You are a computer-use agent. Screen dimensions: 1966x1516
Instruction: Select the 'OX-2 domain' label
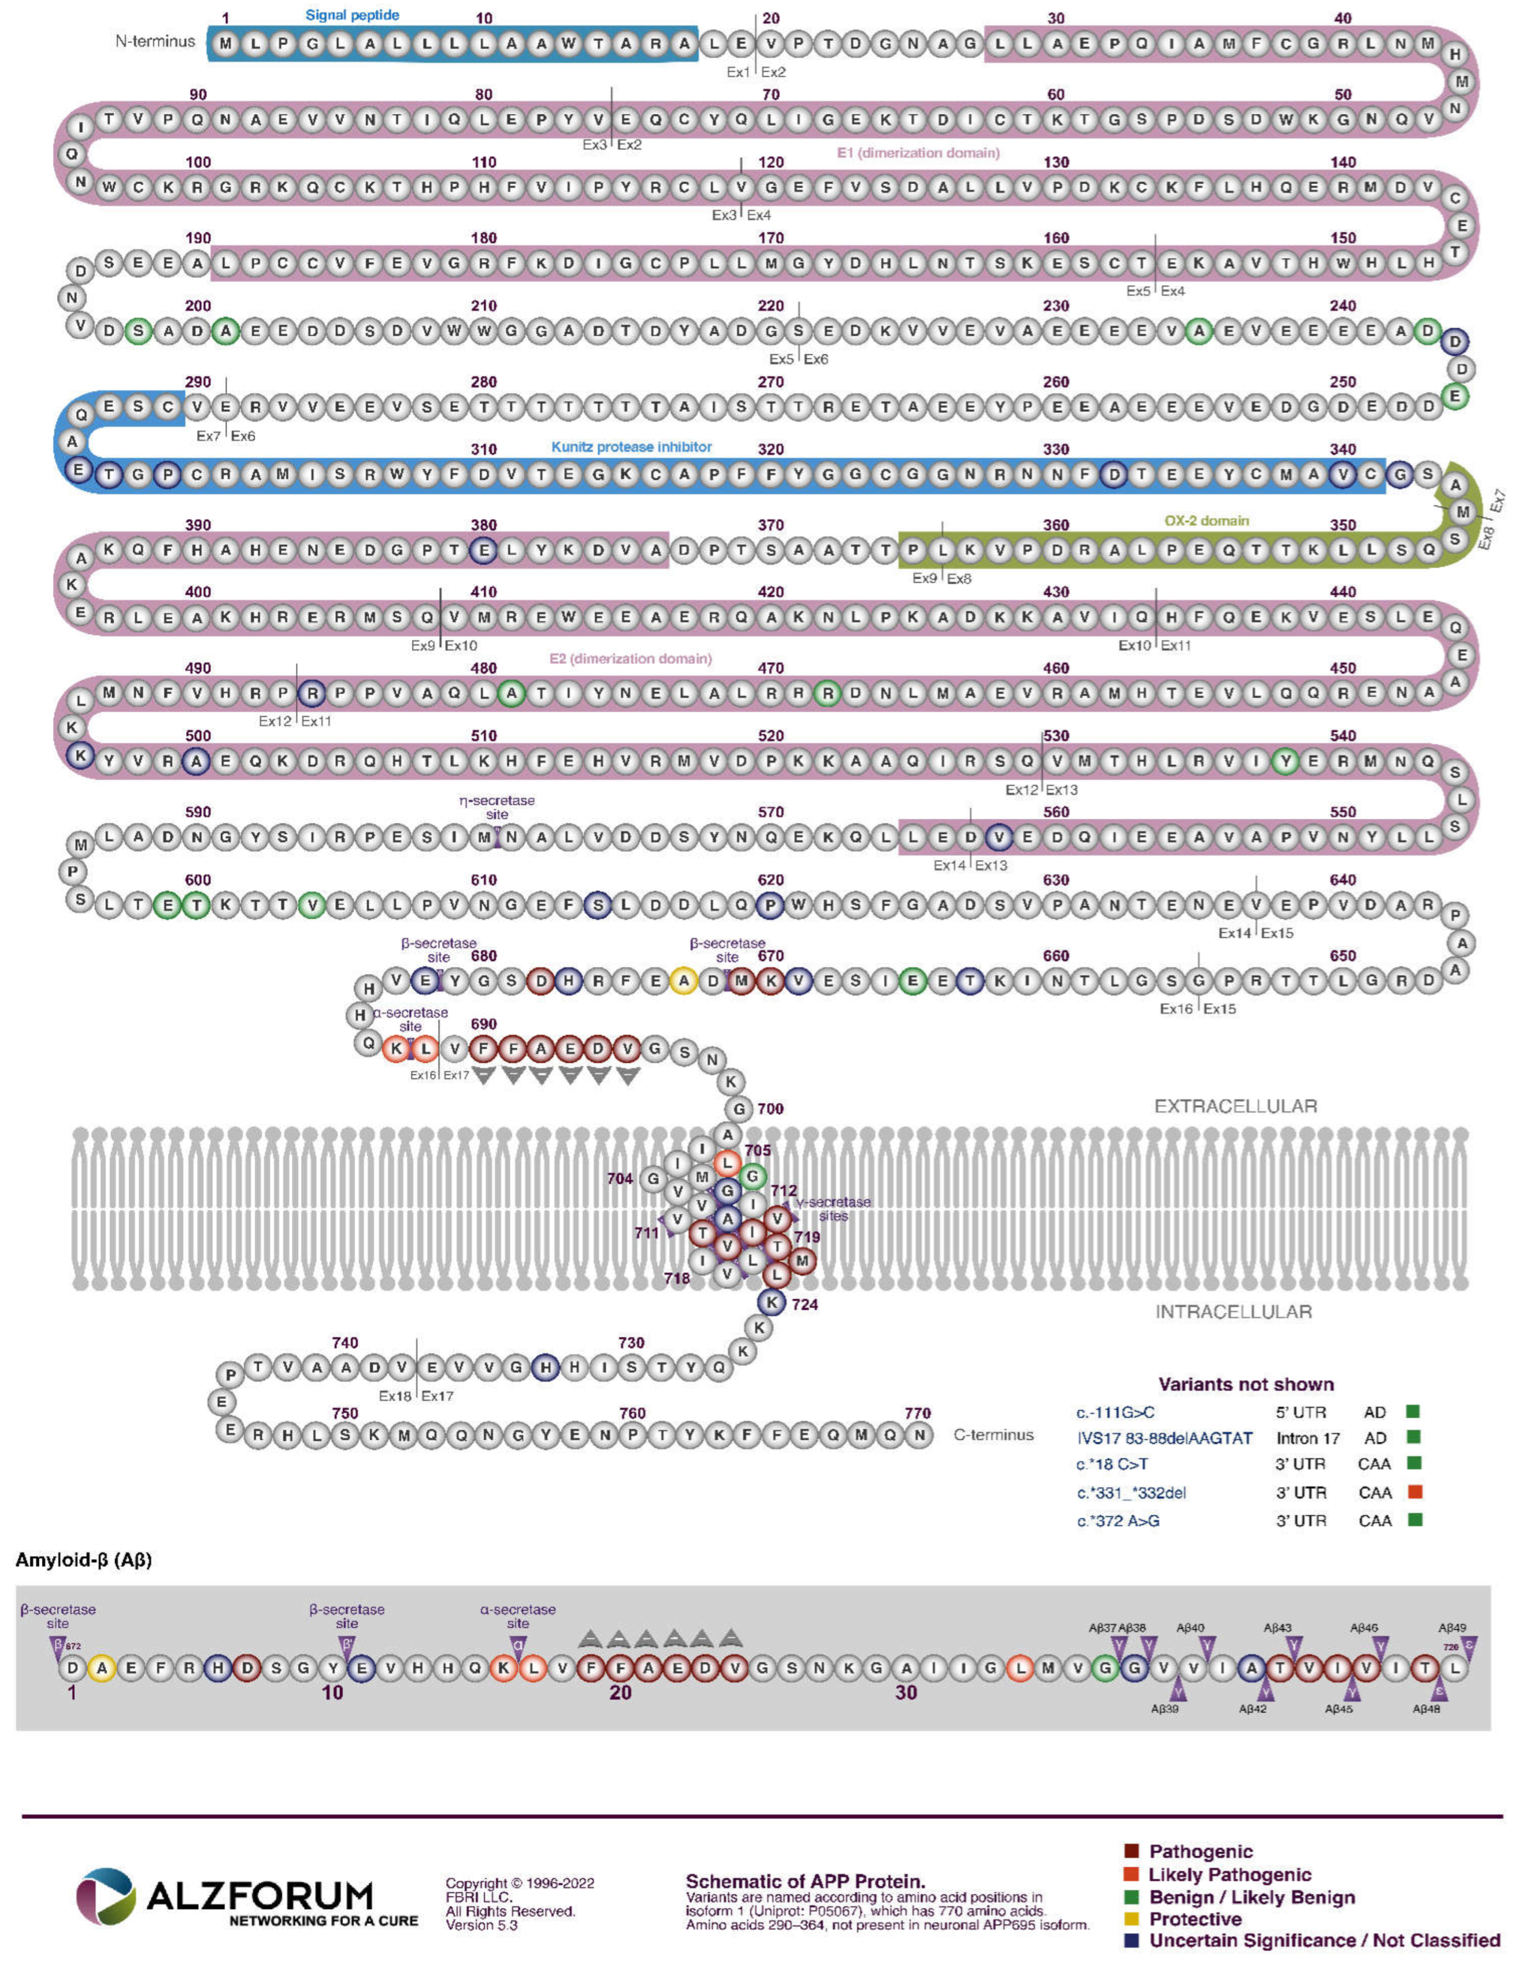(1206, 520)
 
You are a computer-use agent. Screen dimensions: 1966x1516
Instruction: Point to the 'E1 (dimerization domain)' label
(918, 153)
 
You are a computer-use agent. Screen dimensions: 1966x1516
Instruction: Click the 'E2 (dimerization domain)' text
(630, 659)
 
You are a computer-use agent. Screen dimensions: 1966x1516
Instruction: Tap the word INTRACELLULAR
(1233, 1311)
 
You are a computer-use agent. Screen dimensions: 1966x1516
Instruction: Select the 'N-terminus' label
(155, 41)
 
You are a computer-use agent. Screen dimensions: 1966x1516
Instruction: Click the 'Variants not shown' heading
(1246, 1384)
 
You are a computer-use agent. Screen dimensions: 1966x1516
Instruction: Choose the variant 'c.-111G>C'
(1115, 1412)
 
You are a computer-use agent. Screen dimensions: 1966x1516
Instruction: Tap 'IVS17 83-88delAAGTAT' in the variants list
(1164, 1438)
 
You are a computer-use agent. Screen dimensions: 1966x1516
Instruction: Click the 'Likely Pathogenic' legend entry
(1229, 1875)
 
